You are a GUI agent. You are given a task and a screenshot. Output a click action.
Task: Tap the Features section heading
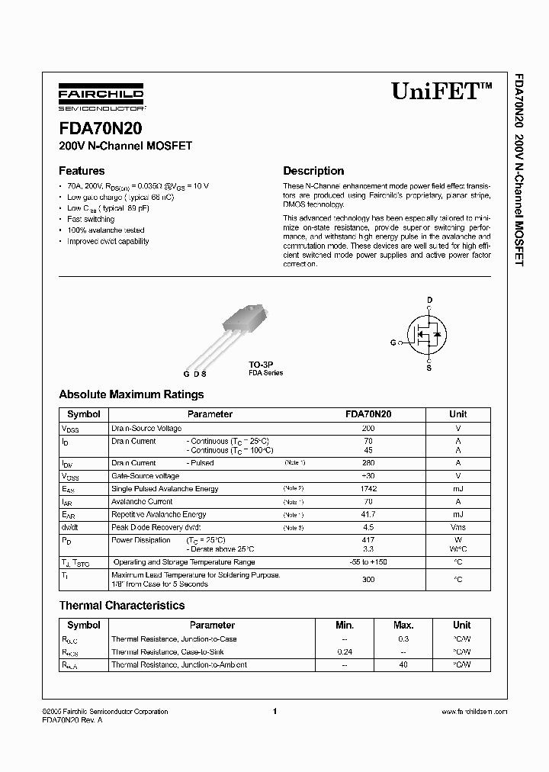[x=82, y=171]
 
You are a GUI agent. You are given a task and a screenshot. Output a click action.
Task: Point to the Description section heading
[x=313, y=171]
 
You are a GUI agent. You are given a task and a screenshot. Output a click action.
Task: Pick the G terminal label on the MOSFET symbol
[x=393, y=343]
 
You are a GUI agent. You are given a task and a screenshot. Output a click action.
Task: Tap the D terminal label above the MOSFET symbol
[x=429, y=299]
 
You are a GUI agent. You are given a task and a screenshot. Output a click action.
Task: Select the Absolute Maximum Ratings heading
[x=131, y=394]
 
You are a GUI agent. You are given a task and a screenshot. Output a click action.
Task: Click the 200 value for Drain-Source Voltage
[x=368, y=429]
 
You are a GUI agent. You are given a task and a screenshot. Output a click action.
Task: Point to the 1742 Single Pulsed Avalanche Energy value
[x=368, y=488]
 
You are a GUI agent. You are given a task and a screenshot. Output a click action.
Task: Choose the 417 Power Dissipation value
[x=368, y=540]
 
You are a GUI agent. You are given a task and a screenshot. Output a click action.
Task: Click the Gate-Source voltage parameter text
[x=146, y=475]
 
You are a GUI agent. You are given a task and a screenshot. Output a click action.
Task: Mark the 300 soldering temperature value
[x=368, y=579]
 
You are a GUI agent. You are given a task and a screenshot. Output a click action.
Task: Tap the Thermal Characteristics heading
[x=122, y=605]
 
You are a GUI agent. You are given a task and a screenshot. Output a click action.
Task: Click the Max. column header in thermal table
[x=403, y=625]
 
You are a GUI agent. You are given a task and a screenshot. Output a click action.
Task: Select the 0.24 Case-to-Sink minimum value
[x=345, y=652]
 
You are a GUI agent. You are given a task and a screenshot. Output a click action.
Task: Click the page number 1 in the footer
[x=274, y=711]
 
